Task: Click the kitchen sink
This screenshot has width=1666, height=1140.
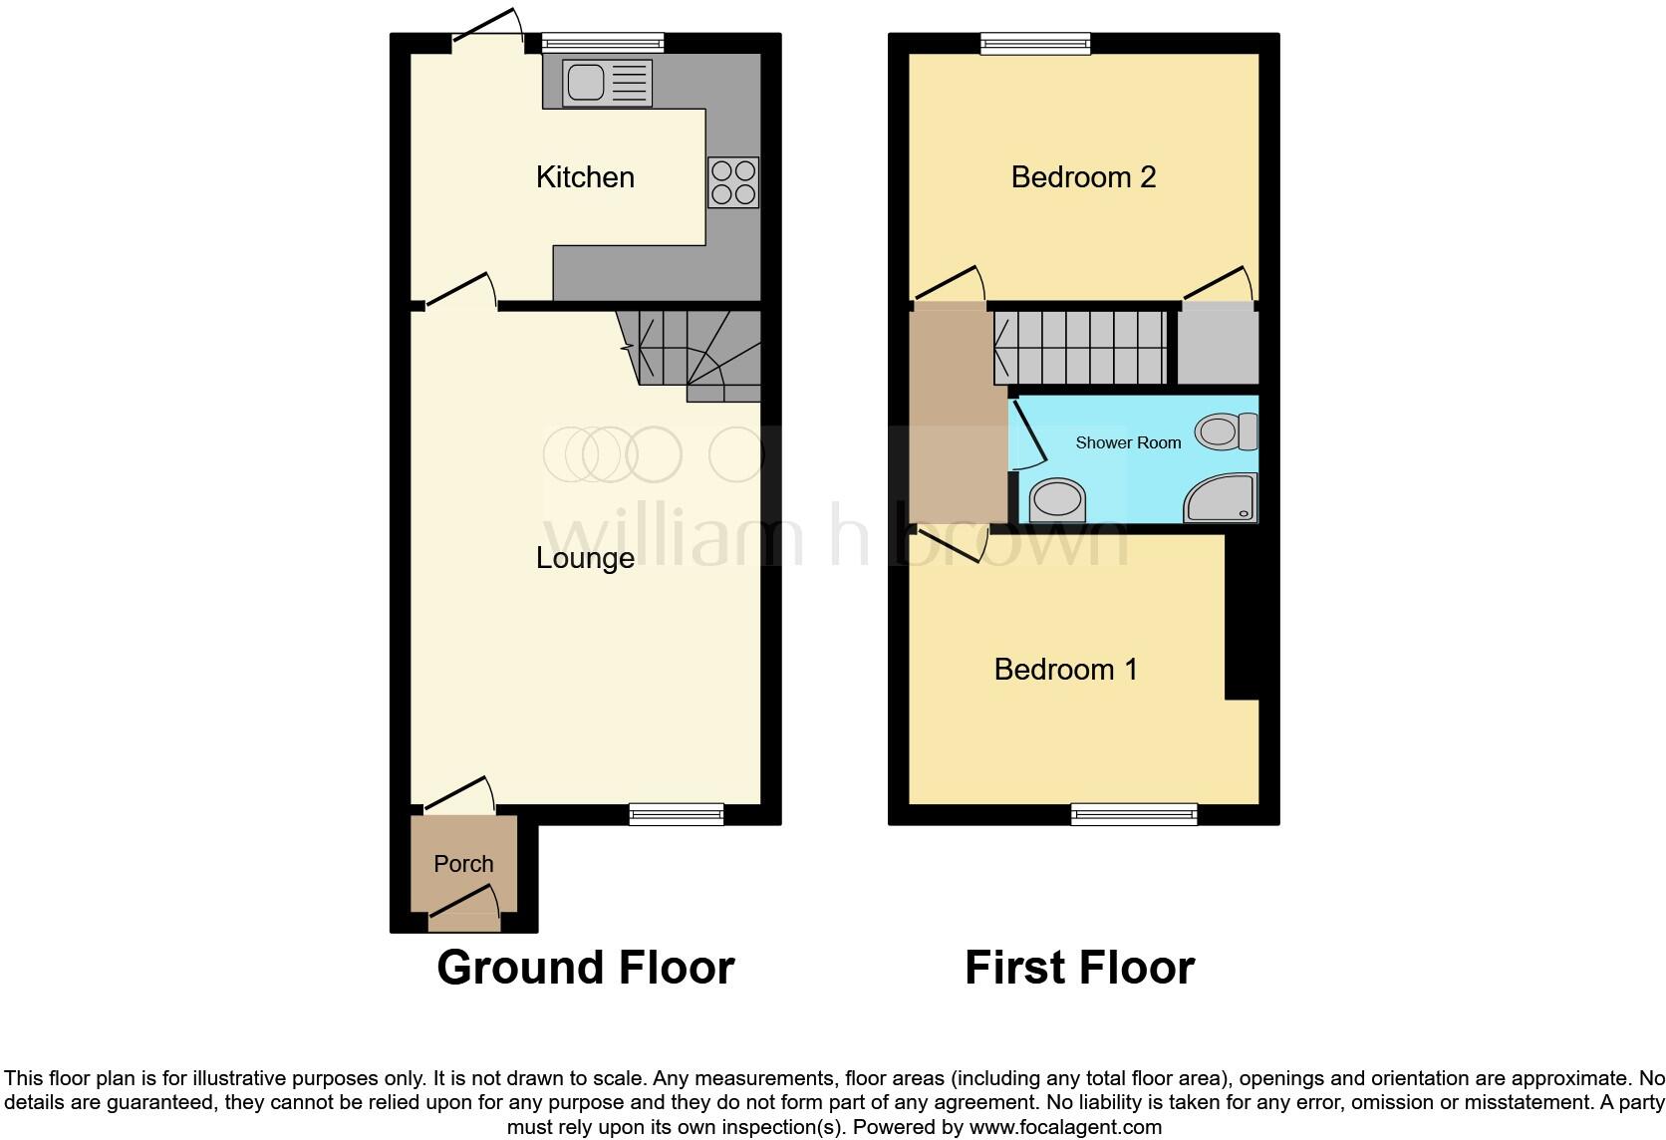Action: [607, 83]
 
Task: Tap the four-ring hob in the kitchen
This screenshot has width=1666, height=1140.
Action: [733, 182]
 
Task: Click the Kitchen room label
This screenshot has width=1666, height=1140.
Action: [585, 177]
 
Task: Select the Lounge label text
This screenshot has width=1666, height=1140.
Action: [585, 558]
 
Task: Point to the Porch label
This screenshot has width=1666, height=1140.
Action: [463, 864]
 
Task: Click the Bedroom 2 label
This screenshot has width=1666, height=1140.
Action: [1083, 177]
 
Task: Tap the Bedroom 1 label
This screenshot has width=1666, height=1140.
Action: [1065, 669]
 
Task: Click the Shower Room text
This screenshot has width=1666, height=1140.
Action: [1128, 442]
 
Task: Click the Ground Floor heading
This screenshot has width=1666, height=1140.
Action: [585, 968]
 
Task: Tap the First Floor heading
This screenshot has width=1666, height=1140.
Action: [1079, 968]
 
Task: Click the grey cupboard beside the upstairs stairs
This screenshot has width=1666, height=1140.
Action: [1218, 345]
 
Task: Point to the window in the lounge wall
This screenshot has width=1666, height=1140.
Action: [676, 815]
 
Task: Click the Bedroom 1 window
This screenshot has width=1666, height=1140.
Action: [1134, 815]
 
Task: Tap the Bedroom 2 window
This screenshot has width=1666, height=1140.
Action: [1035, 43]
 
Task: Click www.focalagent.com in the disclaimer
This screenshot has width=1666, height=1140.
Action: [1065, 1127]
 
